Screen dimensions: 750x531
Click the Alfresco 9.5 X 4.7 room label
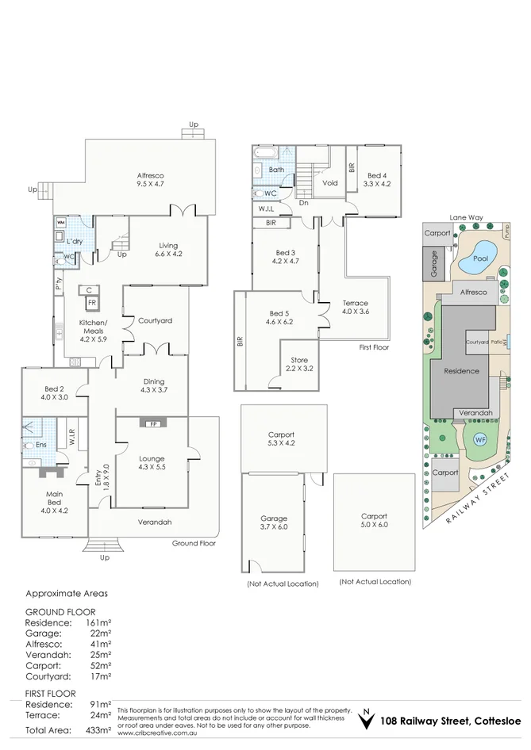(150, 179)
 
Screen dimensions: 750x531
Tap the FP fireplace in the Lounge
(152, 423)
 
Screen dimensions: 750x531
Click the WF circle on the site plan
(480, 439)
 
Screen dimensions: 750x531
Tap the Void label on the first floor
(330, 182)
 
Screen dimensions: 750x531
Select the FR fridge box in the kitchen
(92, 303)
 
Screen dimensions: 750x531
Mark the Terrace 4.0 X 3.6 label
(355, 307)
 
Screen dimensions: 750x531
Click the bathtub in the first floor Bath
(264, 151)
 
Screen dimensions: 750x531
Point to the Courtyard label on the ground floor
(155, 320)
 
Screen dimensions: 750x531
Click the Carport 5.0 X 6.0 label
(374, 521)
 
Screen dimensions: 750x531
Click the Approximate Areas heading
(67, 593)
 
